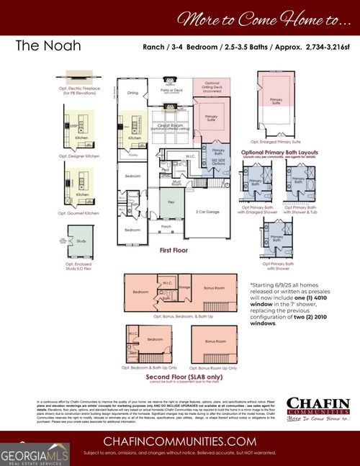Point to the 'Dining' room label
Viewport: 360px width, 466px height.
tap(132, 93)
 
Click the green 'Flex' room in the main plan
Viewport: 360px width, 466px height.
tap(171, 203)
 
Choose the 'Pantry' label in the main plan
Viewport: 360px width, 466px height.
tap(133, 155)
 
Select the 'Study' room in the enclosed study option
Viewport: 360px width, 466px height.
tap(81, 242)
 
